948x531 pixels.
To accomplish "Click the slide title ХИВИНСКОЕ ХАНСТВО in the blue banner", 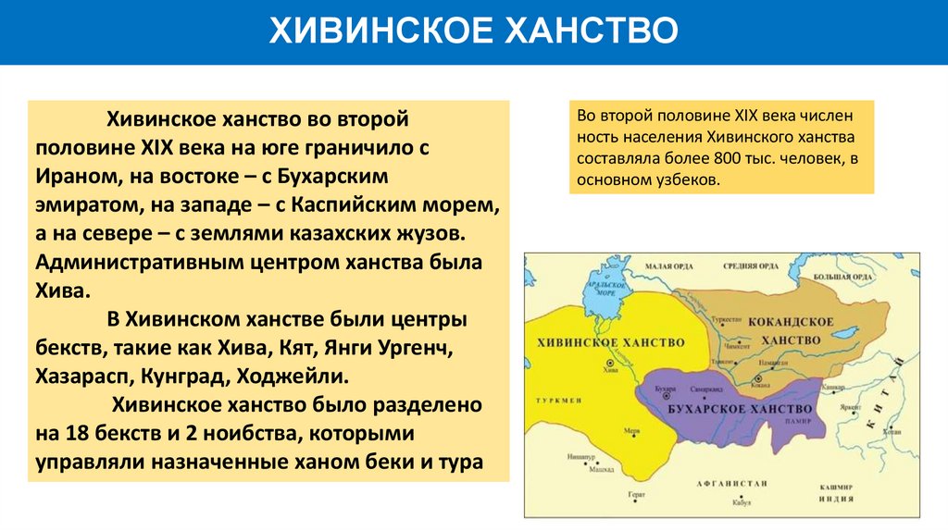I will [473, 31].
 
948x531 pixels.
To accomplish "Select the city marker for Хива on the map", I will [607, 362].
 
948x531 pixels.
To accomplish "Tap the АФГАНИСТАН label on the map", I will [733, 483].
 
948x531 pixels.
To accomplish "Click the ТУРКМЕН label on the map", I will [557, 401].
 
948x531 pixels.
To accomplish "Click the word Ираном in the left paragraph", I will [76, 176].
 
